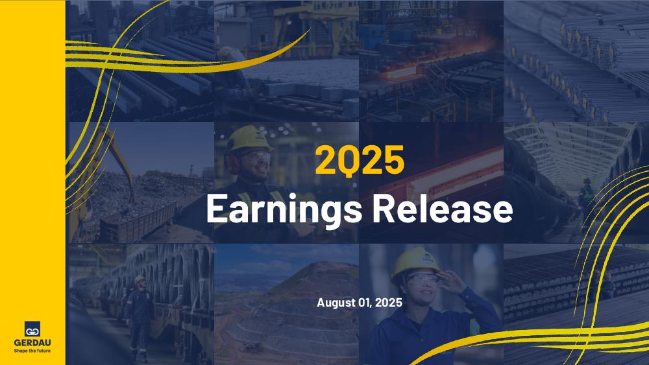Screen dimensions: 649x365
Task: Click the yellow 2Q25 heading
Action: tap(360, 160)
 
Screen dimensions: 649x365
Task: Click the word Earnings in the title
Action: tap(284, 209)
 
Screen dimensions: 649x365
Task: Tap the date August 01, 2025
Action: tap(360, 303)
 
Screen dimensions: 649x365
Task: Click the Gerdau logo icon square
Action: tap(32, 329)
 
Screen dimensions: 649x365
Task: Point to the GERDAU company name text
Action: tap(32, 343)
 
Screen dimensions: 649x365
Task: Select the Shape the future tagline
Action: tap(32, 351)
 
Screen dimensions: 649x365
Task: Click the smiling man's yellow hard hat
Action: tap(249, 139)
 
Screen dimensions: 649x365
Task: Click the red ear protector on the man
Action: tap(232, 163)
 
